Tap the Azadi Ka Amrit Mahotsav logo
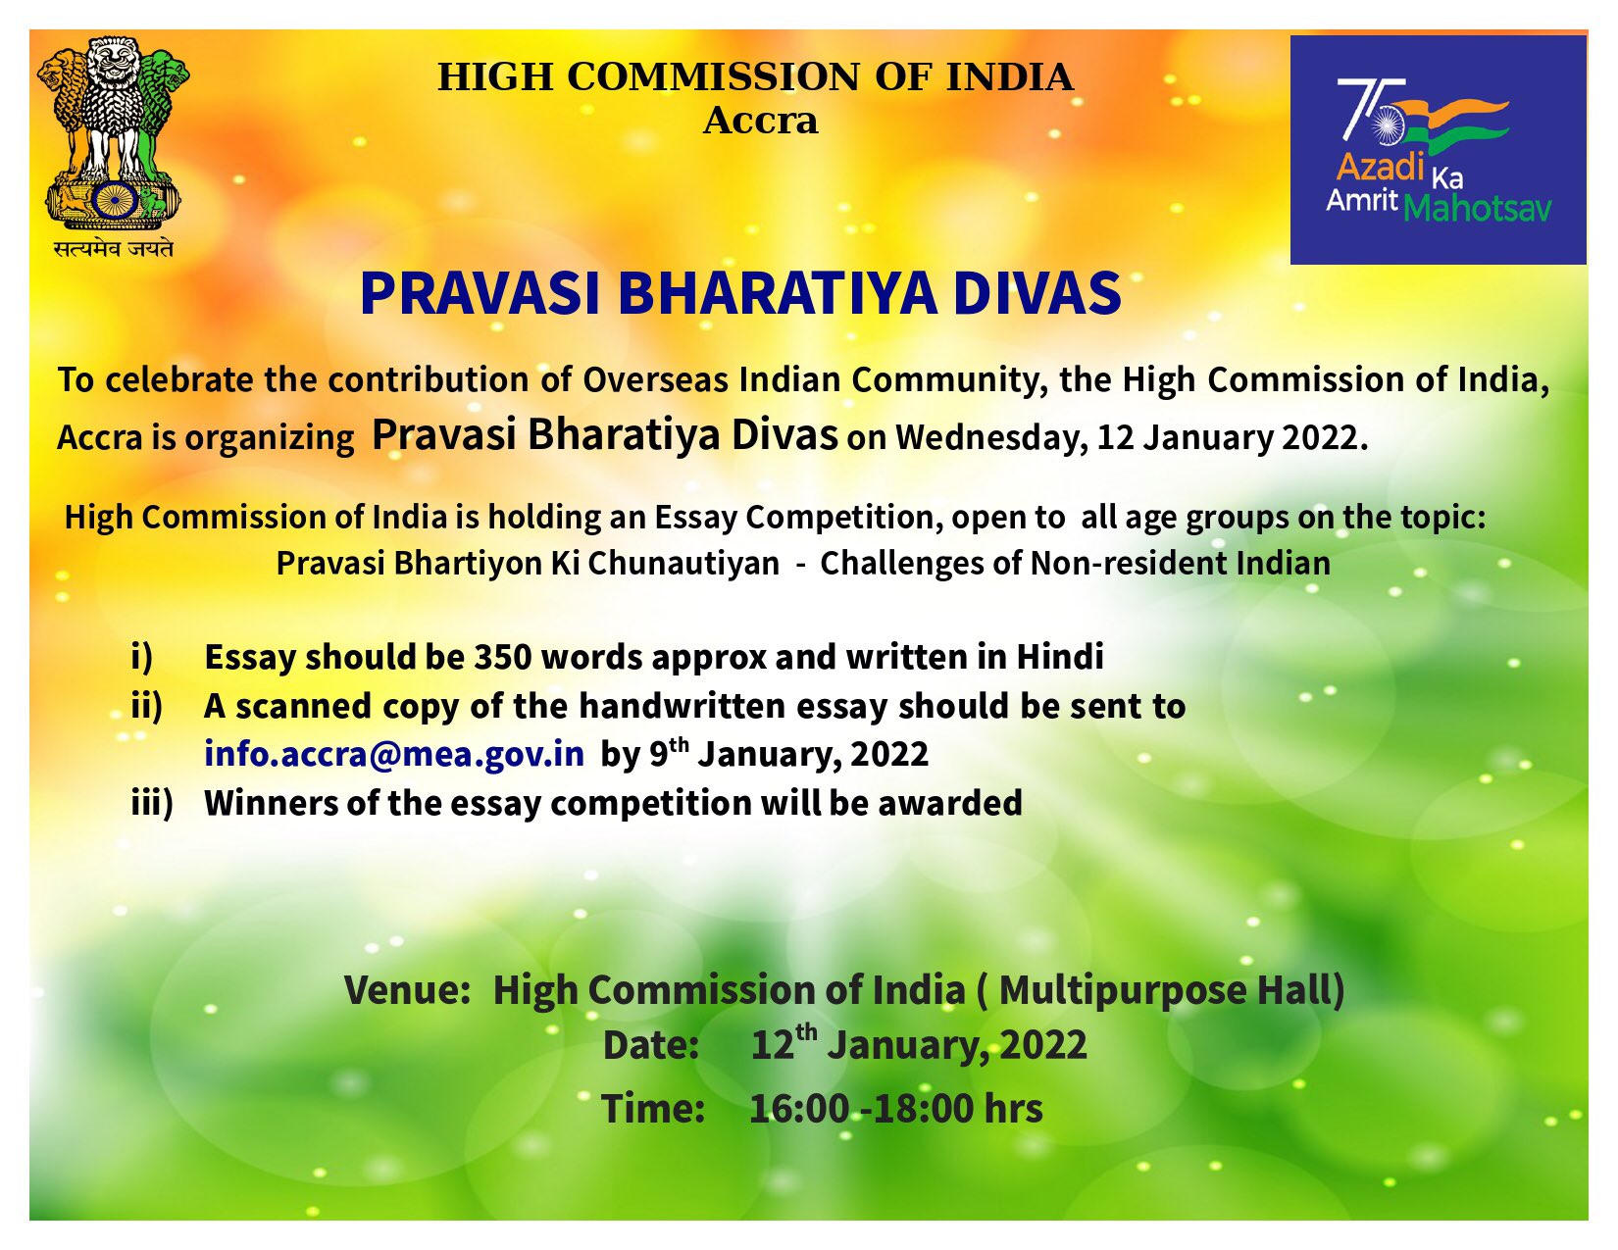1438,150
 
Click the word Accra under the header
760,121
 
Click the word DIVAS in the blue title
1037,293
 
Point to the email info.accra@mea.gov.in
394,753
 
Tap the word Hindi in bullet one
1060,657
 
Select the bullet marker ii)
147,705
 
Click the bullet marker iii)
152,803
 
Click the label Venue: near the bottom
407,990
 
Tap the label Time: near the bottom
653,1108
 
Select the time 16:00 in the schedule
798,1109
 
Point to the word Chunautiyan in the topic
683,564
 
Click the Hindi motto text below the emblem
113,248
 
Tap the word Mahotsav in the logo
1477,209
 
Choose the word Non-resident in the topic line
1129,564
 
